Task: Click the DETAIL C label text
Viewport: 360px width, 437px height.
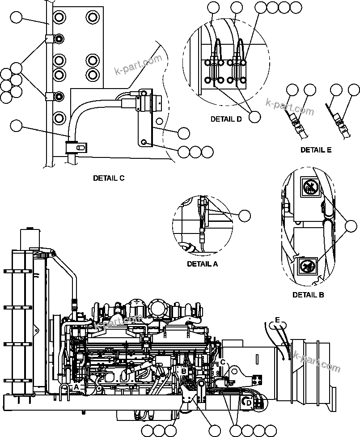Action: pyautogui.click(x=109, y=178)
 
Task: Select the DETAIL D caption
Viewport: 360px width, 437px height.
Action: pyautogui.click(x=226, y=119)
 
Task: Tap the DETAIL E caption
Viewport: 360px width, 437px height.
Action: pyautogui.click(x=316, y=150)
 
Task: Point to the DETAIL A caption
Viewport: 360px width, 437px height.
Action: pyautogui.click(x=202, y=264)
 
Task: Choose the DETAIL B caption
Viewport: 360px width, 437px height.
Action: pyautogui.click(x=308, y=295)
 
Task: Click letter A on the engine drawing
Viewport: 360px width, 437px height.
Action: pyautogui.click(x=76, y=386)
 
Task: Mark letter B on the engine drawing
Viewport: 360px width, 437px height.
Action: pyautogui.click(x=183, y=371)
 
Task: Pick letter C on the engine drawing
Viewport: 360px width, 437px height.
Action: pyautogui.click(x=222, y=362)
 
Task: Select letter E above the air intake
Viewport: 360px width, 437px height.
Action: pyautogui.click(x=278, y=320)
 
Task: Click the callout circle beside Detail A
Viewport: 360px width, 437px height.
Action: pyautogui.click(x=244, y=215)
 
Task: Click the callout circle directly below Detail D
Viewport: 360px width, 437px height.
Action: pyautogui.click(x=254, y=116)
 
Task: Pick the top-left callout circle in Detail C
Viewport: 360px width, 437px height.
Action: pyautogui.click(x=16, y=18)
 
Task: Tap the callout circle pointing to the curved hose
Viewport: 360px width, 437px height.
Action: pyautogui.click(x=16, y=126)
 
